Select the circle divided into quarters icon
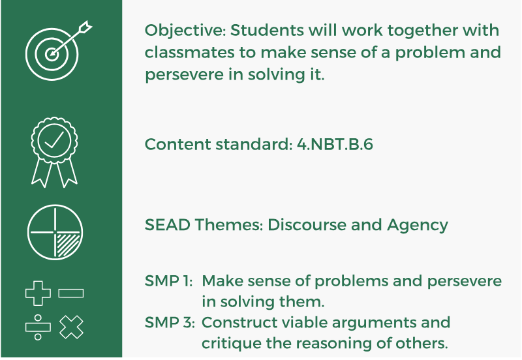coord(55,232)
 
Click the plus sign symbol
coord(37,293)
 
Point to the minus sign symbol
coord(70,293)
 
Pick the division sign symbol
coord(37,327)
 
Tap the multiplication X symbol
coord(70,327)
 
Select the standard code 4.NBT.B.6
coord(335,144)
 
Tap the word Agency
coord(418,225)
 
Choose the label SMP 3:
coord(168,322)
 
